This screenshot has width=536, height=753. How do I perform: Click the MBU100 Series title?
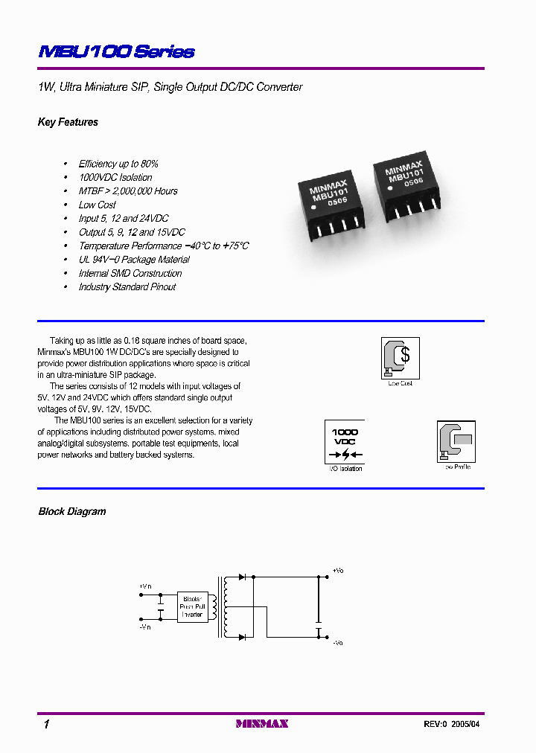tap(116, 52)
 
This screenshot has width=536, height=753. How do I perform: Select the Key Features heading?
tap(68, 122)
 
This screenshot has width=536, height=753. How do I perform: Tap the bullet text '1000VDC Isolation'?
tap(115, 178)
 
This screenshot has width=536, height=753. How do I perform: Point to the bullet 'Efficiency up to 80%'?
tap(118, 164)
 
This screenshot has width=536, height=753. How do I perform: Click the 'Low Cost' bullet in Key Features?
tap(98, 205)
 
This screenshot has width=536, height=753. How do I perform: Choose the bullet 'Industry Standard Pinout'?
tap(127, 287)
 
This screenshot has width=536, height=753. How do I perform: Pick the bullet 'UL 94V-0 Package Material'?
tap(134, 260)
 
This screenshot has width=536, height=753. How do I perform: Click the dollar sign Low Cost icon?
tap(400, 357)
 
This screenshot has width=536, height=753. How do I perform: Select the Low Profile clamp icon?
tap(456, 441)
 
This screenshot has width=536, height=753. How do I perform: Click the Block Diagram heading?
tap(72, 512)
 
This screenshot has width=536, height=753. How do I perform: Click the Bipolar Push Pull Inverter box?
tap(192, 606)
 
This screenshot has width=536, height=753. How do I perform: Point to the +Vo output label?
tap(338, 571)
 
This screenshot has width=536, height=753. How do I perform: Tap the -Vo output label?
tap(338, 642)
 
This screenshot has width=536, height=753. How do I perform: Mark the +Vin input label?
tap(144, 586)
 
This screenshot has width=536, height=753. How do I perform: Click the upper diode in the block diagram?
tap(242, 577)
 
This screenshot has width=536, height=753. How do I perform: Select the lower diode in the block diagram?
tap(242, 637)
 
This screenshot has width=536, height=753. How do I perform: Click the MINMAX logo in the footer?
tap(261, 724)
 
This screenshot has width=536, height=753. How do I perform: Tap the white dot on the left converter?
tap(314, 209)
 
